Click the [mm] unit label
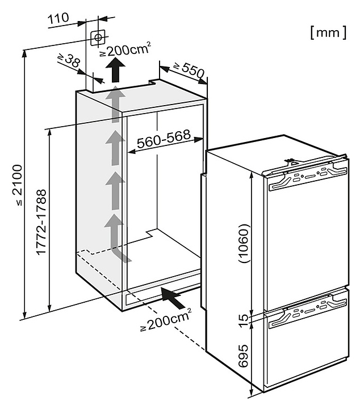tap(328, 32)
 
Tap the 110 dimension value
tap(58, 19)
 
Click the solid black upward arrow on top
tap(117, 72)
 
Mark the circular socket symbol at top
tap(98, 37)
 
